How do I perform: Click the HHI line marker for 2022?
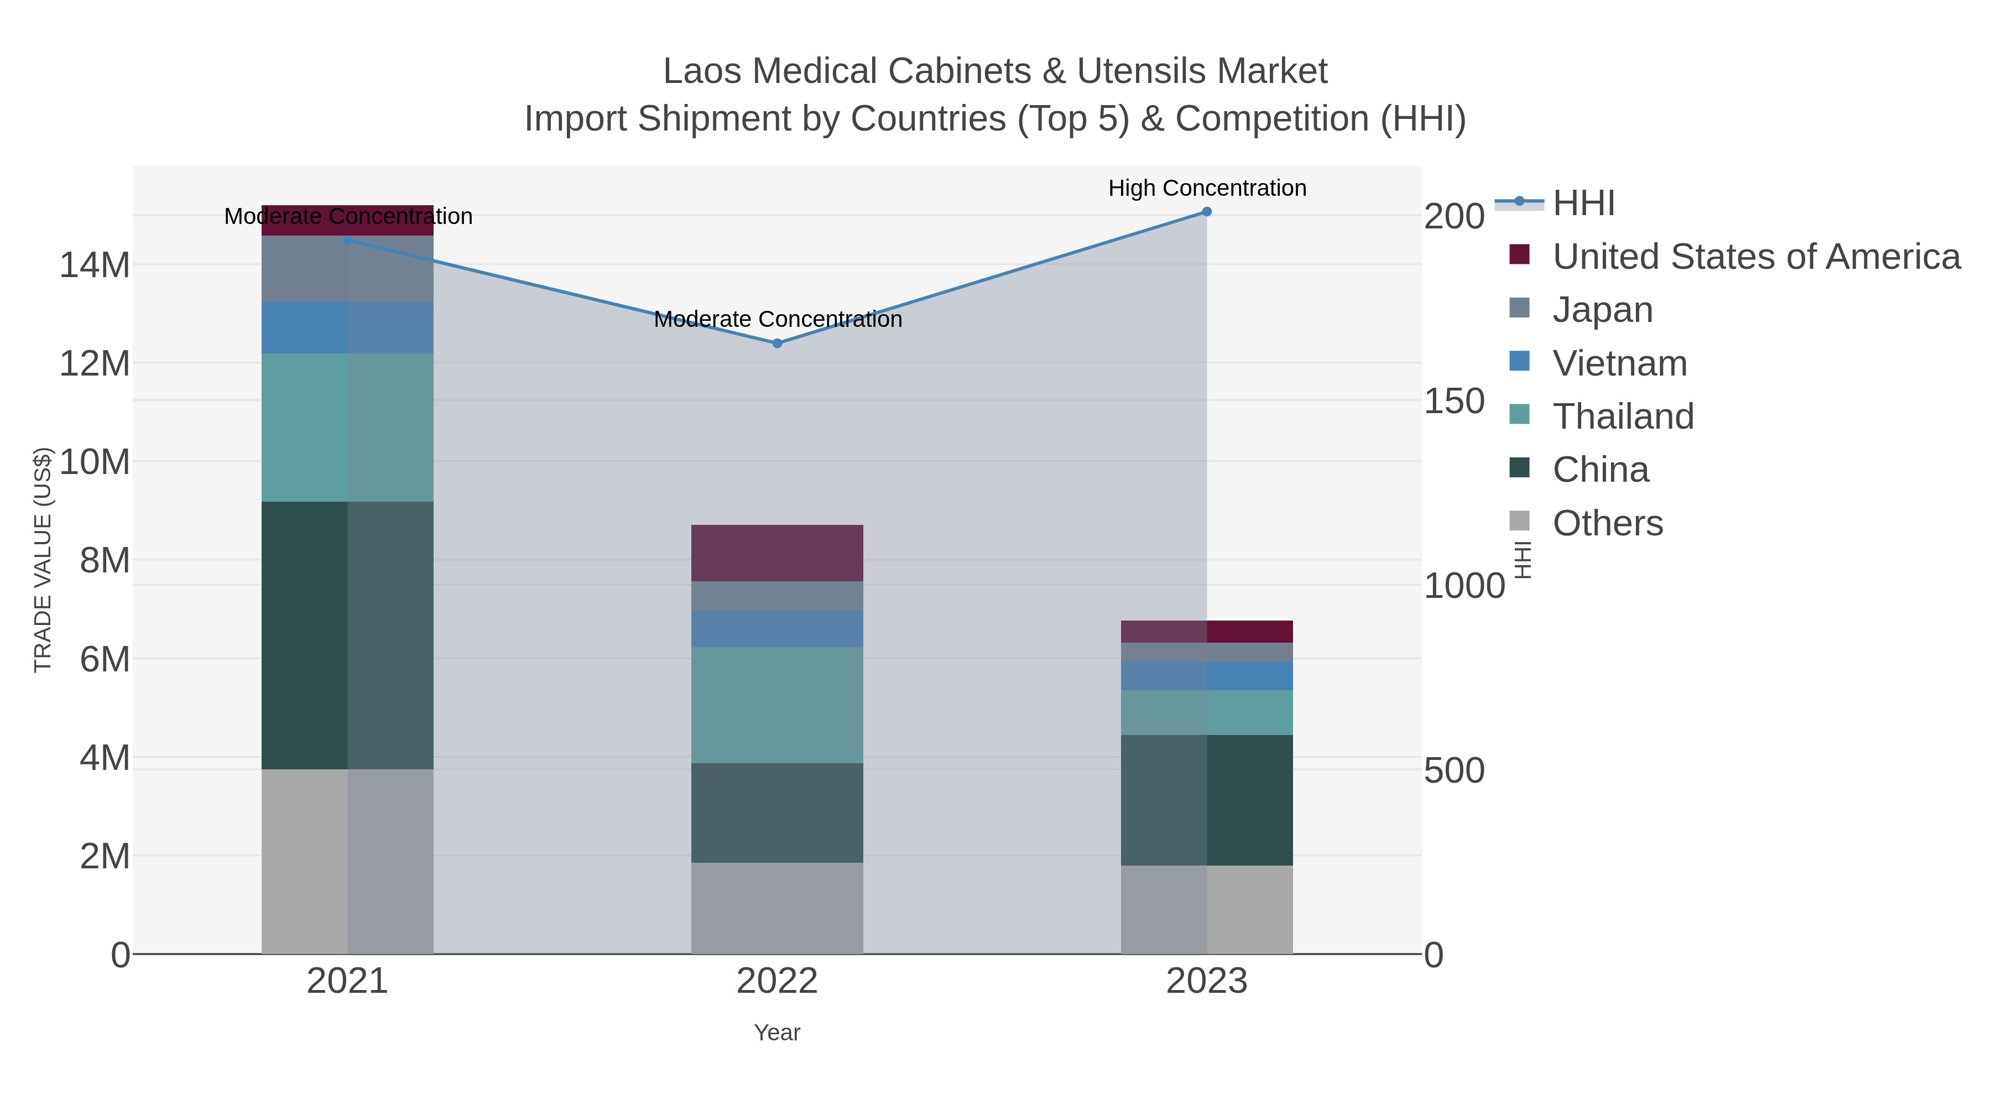tap(777, 343)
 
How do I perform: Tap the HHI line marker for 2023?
tap(1207, 212)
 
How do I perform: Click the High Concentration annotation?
tap(1207, 188)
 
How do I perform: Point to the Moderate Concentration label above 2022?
tap(778, 319)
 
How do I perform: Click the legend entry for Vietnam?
tap(1619, 363)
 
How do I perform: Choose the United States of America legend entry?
tap(1756, 257)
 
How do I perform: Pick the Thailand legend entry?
tap(1623, 416)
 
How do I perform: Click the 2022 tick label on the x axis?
tap(777, 982)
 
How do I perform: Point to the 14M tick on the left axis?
tap(94, 265)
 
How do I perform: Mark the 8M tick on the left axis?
tap(105, 560)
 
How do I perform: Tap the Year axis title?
tap(777, 1033)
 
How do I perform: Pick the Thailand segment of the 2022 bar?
tap(777, 705)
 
